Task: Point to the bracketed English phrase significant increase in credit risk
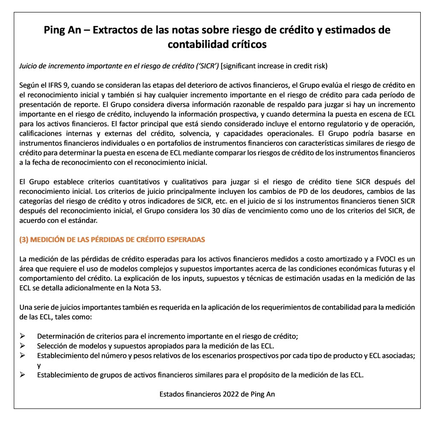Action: tap(274, 66)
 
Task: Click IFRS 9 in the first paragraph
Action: tap(51, 85)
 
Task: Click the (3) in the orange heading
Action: tap(24, 240)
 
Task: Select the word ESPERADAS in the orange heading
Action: tap(185, 240)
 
